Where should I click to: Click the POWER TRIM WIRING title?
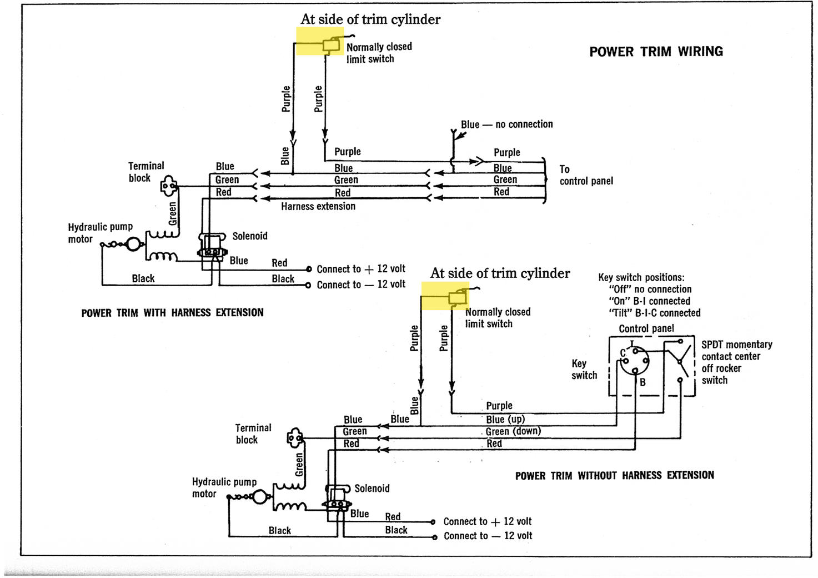tap(656, 52)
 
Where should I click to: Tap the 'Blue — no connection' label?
tap(506, 124)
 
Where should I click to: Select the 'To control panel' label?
tap(586, 175)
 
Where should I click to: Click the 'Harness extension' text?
tap(318, 206)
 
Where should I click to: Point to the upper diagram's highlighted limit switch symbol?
tap(331, 46)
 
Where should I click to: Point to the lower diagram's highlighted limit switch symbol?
tap(458, 298)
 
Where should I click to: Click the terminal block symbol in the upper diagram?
tap(169, 186)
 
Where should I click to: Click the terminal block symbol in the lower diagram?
tap(295, 438)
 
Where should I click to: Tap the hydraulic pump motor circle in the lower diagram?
tap(259, 497)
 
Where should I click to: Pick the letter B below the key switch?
tap(643, 382)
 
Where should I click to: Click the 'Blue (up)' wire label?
tap(505, 419)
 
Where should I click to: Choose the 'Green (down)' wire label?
tap(513, 431)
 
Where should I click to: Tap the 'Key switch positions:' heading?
tap(641, 277)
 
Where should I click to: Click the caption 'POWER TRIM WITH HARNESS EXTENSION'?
tap(172, 313)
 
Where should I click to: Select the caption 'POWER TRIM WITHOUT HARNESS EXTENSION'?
tap(615, 475)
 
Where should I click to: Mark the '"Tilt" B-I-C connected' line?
tap(654, 313)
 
